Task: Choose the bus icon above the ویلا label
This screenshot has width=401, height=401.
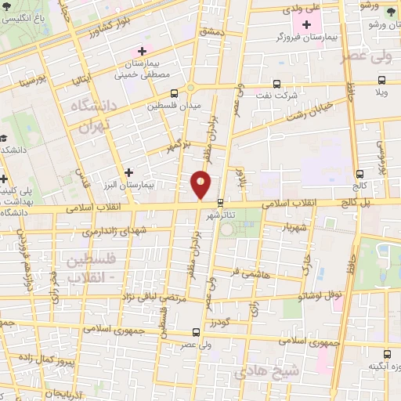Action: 381,79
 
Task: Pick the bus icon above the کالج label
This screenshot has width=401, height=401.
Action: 359,174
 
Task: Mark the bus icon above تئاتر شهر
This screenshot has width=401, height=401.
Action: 221,200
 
